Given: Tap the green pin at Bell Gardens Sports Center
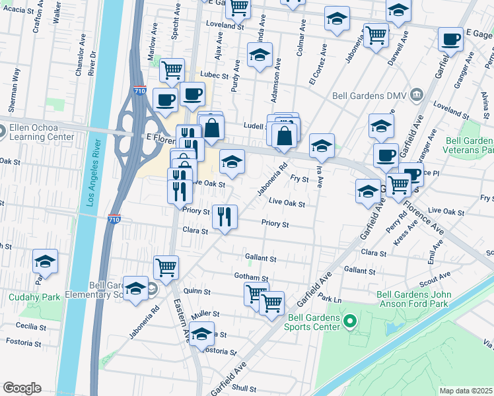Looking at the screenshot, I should click(x=351, y=322).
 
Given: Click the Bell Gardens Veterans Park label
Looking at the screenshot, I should click(x=470, y=146).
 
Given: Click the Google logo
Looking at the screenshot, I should click(x=22, y=387).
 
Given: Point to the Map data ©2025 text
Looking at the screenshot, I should click(x=465, y=391).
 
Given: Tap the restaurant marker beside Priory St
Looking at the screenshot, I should click(x=225, y=216).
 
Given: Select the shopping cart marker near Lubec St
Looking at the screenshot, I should click(x=172, y=69).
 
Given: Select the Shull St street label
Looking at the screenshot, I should click(x=244, y=389).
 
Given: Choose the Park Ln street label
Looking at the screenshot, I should click(x=328, y=299).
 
